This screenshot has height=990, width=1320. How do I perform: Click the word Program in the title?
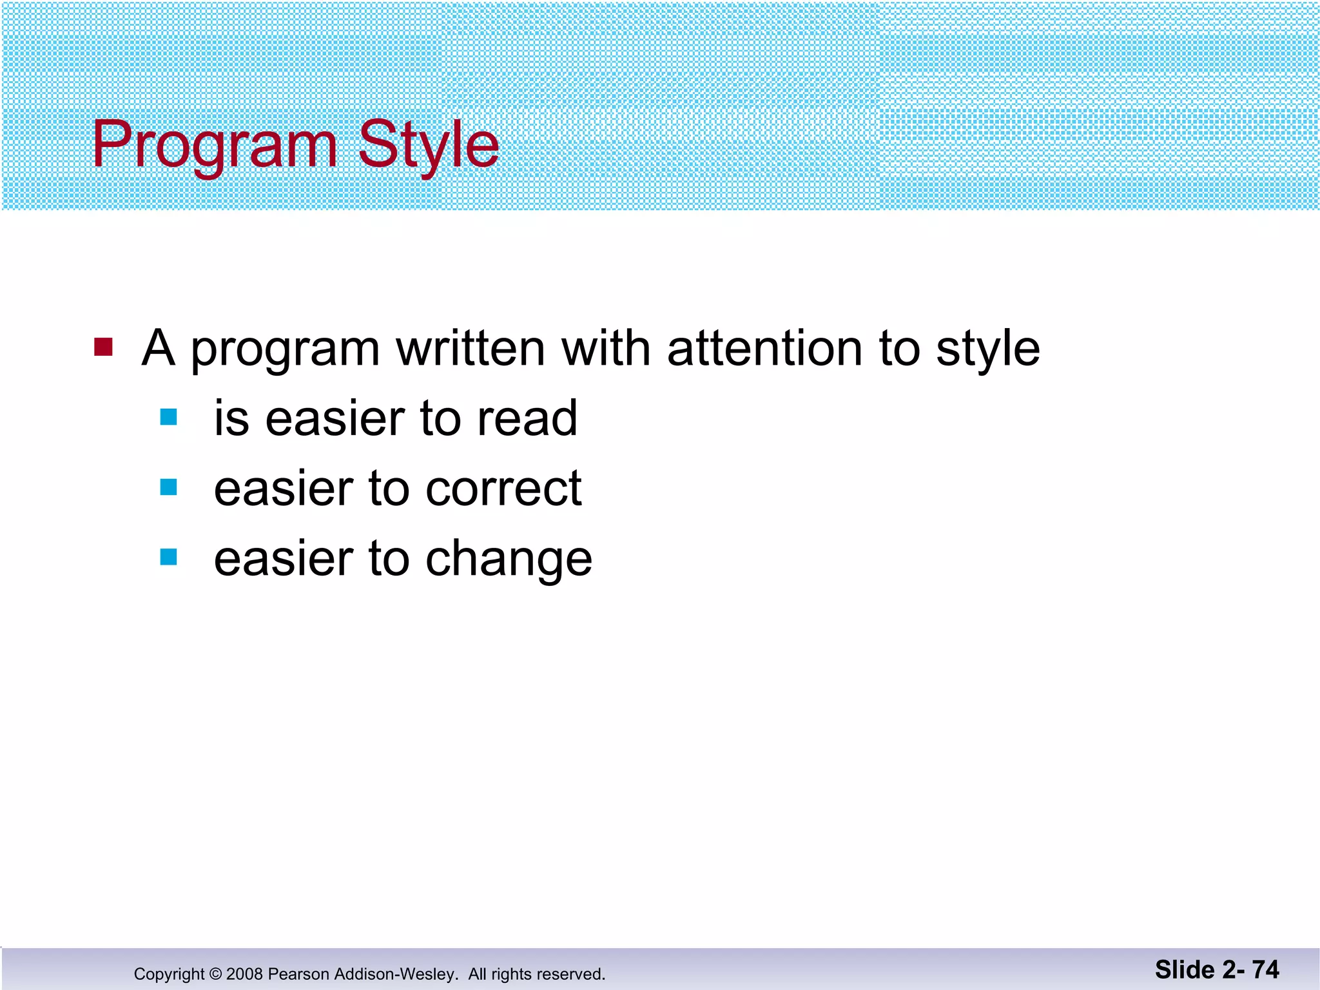pyautogui.click(x=215, y=146)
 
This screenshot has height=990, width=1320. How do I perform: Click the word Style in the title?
pyautogui.click(x=428, y=146)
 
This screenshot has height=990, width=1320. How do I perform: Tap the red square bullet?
pyautogui.click(x=103, y=347)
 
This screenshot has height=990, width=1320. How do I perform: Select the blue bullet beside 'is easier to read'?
pyautogui.click(x=168, y=417)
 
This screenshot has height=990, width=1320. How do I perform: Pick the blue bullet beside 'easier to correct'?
pyautogui.click(x=168, y=487)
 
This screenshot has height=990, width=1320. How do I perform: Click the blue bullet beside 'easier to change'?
pyautogui.click(x=168, y=556)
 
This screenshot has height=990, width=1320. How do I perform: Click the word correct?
pyautogui.click(x=503, y=489)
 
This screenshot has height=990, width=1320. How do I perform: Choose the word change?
pyautogui.click(x=509, y=559)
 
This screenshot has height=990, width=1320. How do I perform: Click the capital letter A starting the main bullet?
pyautogui.click(x=159, y=349)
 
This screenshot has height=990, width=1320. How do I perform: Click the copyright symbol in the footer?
pyautogui.click(x=215, y=974)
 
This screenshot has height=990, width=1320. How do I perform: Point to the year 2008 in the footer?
pyautogui.click(x=245, y=974)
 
